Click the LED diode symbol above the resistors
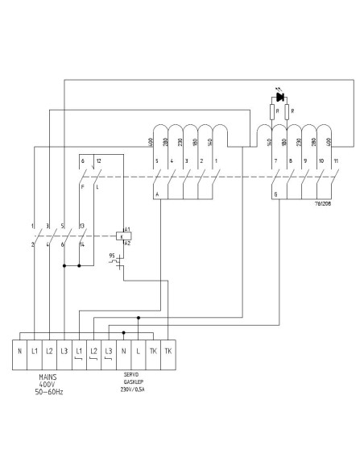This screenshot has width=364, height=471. pyautogui.click(x=279, y=97)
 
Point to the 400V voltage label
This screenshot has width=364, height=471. pyautogui.click(x=49, y=384)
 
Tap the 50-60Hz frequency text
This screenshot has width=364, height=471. pyautogui.click(x=49, y=393)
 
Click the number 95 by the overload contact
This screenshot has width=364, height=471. pyautogui.click(x=112, y=256)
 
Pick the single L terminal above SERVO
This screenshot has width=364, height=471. pyautogui.click(x=139, y=352)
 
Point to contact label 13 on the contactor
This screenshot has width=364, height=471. pyautogui.click(x=82, y=226)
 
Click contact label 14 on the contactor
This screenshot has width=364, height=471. pyautogui.click(x=82, y=244)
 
